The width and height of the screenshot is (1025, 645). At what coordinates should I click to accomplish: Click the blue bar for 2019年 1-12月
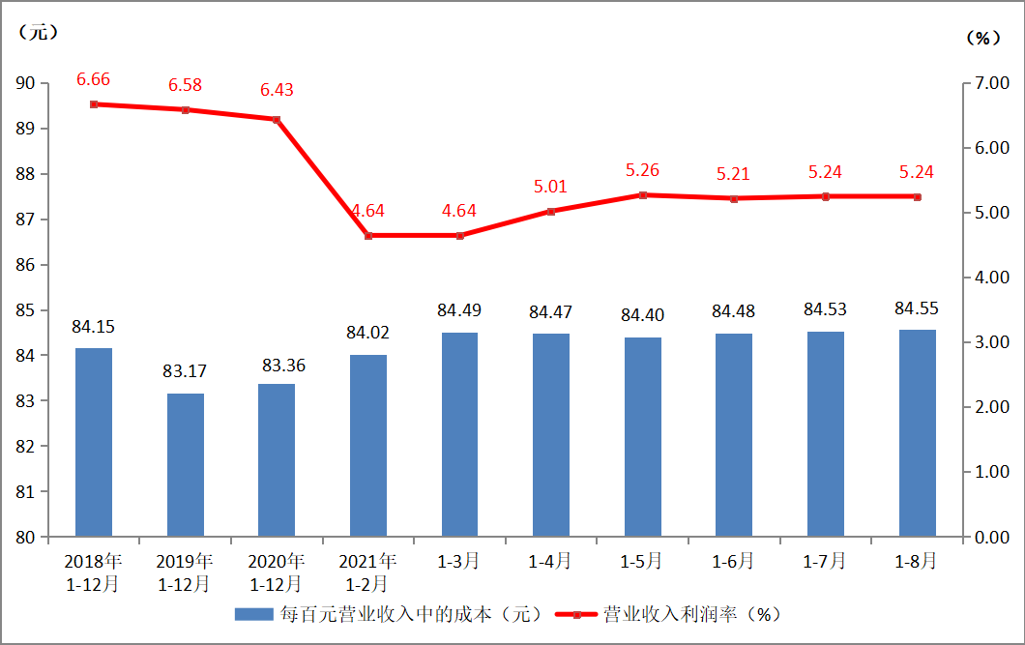pos(185,464)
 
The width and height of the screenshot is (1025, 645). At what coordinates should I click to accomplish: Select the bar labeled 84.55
pos(917,432)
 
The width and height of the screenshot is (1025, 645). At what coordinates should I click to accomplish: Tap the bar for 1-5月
pos(642,436)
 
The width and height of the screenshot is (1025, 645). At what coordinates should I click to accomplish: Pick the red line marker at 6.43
pos(277,120)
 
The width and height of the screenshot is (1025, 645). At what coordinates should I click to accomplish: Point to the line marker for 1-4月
pos(551,211)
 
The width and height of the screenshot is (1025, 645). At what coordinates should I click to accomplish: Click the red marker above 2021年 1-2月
pos(368,235)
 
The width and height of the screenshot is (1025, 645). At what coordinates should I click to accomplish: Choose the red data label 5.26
pos(642,170)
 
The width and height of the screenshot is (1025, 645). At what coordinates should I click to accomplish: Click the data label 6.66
pos(94,79)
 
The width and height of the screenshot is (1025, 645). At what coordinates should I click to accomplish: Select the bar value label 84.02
pos(368,333)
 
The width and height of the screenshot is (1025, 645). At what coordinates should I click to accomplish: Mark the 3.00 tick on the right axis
pos(990,342)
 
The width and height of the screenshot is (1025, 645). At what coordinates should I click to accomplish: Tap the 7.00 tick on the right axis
pos(990,83)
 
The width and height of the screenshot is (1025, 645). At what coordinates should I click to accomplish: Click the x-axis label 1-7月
pos(825,561)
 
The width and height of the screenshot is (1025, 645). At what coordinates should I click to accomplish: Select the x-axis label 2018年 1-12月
pos(94,572)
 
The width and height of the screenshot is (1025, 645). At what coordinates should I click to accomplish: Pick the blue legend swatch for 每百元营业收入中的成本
pos(254,614)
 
